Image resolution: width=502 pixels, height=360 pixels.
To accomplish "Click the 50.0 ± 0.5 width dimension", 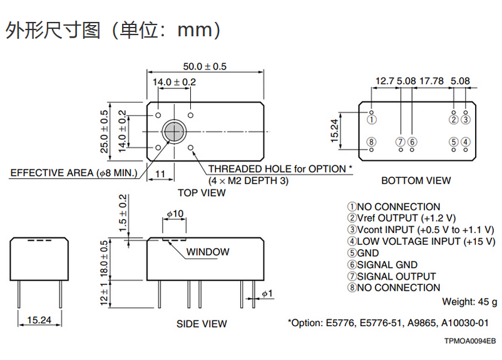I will [204, 66].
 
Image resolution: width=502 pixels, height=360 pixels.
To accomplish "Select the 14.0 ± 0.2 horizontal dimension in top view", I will [174, 82].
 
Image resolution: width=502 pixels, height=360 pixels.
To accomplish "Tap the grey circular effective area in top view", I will [173, 131].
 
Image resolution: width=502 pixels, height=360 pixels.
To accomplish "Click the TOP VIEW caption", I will [202, 193].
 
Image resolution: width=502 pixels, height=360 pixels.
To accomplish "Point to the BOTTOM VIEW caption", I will [416, 180].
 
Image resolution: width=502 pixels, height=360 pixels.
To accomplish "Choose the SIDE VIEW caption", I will [202, 324].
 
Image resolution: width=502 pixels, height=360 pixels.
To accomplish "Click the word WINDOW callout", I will [208, 252].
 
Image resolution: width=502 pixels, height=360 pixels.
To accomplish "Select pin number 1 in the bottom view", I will [371, 120].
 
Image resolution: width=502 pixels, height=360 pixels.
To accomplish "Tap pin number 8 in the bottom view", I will [371, 142].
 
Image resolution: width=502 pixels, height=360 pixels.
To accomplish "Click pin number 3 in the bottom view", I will [466, 120].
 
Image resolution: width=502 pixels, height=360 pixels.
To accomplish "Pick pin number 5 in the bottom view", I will [454, 142].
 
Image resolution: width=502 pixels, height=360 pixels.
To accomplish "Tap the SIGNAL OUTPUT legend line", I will [392, 276].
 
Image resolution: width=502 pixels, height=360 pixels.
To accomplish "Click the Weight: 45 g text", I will [469, 302].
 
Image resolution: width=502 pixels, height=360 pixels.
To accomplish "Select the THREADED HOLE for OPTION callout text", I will [280, 169].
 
